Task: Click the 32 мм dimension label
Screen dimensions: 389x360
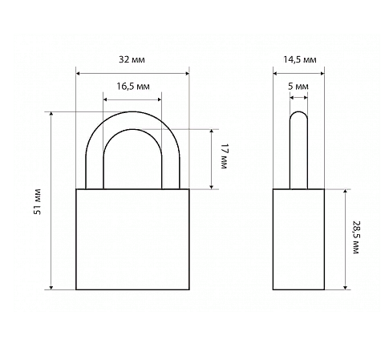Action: click(132, 59)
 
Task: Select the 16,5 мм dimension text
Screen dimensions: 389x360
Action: click(133, 87)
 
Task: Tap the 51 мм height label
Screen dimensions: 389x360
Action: click(38, 201)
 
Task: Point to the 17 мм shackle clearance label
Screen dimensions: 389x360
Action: click(224, 156)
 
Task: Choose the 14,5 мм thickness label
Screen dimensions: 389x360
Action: click(300, 59)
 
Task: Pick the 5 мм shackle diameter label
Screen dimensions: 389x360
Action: click(298, 87)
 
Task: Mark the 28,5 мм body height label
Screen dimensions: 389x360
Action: click(356, 237)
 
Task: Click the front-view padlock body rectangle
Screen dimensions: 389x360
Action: click(132, 239)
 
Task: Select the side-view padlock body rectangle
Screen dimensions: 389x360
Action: click(298, 239)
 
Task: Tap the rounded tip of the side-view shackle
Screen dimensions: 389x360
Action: click(298, 111)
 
